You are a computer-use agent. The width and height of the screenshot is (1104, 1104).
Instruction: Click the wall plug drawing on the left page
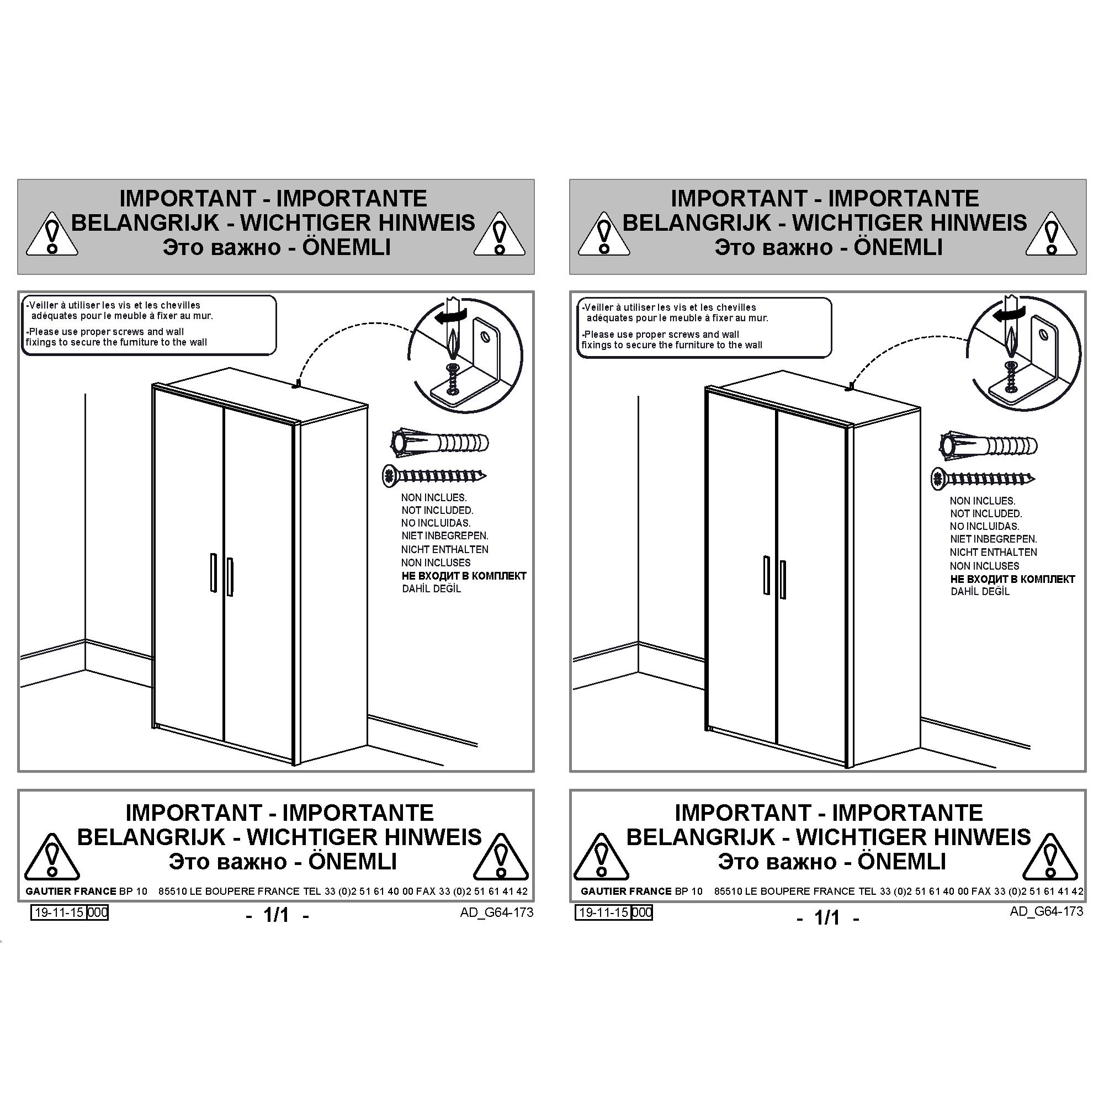click(440, 443)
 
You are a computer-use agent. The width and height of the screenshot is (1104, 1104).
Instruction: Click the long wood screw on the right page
click(984, 479)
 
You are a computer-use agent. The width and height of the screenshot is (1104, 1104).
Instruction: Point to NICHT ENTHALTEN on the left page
click(444, 550)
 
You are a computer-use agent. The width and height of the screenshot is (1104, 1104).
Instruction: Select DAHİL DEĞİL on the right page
click(980, 592)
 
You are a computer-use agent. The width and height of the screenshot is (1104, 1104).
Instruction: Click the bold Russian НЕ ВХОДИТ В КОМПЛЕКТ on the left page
click(464, 576)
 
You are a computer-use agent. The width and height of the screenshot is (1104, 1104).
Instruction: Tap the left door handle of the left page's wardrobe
click(213, 572)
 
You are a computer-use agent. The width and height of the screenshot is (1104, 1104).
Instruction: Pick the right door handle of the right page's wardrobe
click(782, 580)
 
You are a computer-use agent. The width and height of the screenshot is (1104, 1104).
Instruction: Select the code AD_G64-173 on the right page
click(1046, 911)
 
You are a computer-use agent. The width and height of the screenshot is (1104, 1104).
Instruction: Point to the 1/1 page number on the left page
click(277, 915)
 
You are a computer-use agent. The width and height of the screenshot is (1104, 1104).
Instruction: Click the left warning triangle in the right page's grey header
click(603, 233)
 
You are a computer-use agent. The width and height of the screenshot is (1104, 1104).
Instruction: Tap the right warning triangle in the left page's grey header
click(500, 233)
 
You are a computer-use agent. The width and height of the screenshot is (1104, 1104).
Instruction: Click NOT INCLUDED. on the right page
click(986, 514)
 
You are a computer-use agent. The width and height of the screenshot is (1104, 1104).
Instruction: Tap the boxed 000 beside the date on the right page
click(643, 912)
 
